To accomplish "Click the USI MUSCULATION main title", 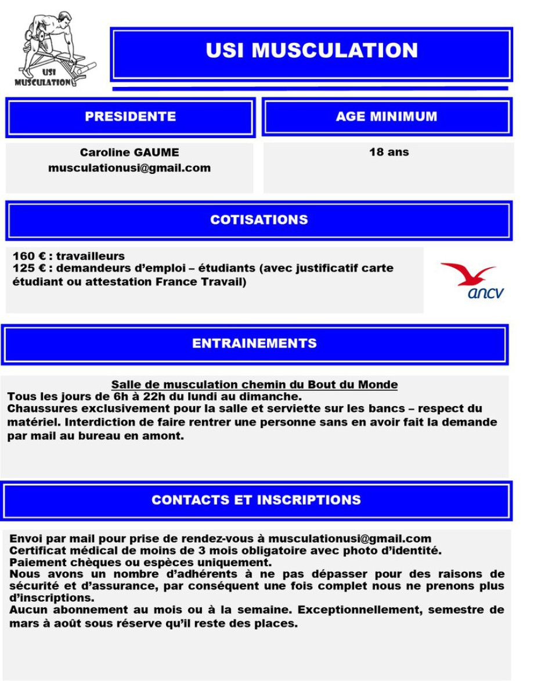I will (x=312, y=50).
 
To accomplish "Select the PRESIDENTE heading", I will (x=130, y=117).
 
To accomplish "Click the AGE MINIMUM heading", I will (x=387, y=117).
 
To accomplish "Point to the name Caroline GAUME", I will (x=129, y=153).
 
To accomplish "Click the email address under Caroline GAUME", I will (x=129, y=168).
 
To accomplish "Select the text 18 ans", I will (x=389, y=152).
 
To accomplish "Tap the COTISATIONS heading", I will (x=259, y=220).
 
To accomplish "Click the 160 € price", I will (x=30, y=256).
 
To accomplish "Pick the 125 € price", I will (x=30, y=269).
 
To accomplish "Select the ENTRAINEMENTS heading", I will (x=254, y=343).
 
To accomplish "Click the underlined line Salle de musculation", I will (x=254, y=385).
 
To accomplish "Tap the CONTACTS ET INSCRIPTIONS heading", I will (x=256, y=500).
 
